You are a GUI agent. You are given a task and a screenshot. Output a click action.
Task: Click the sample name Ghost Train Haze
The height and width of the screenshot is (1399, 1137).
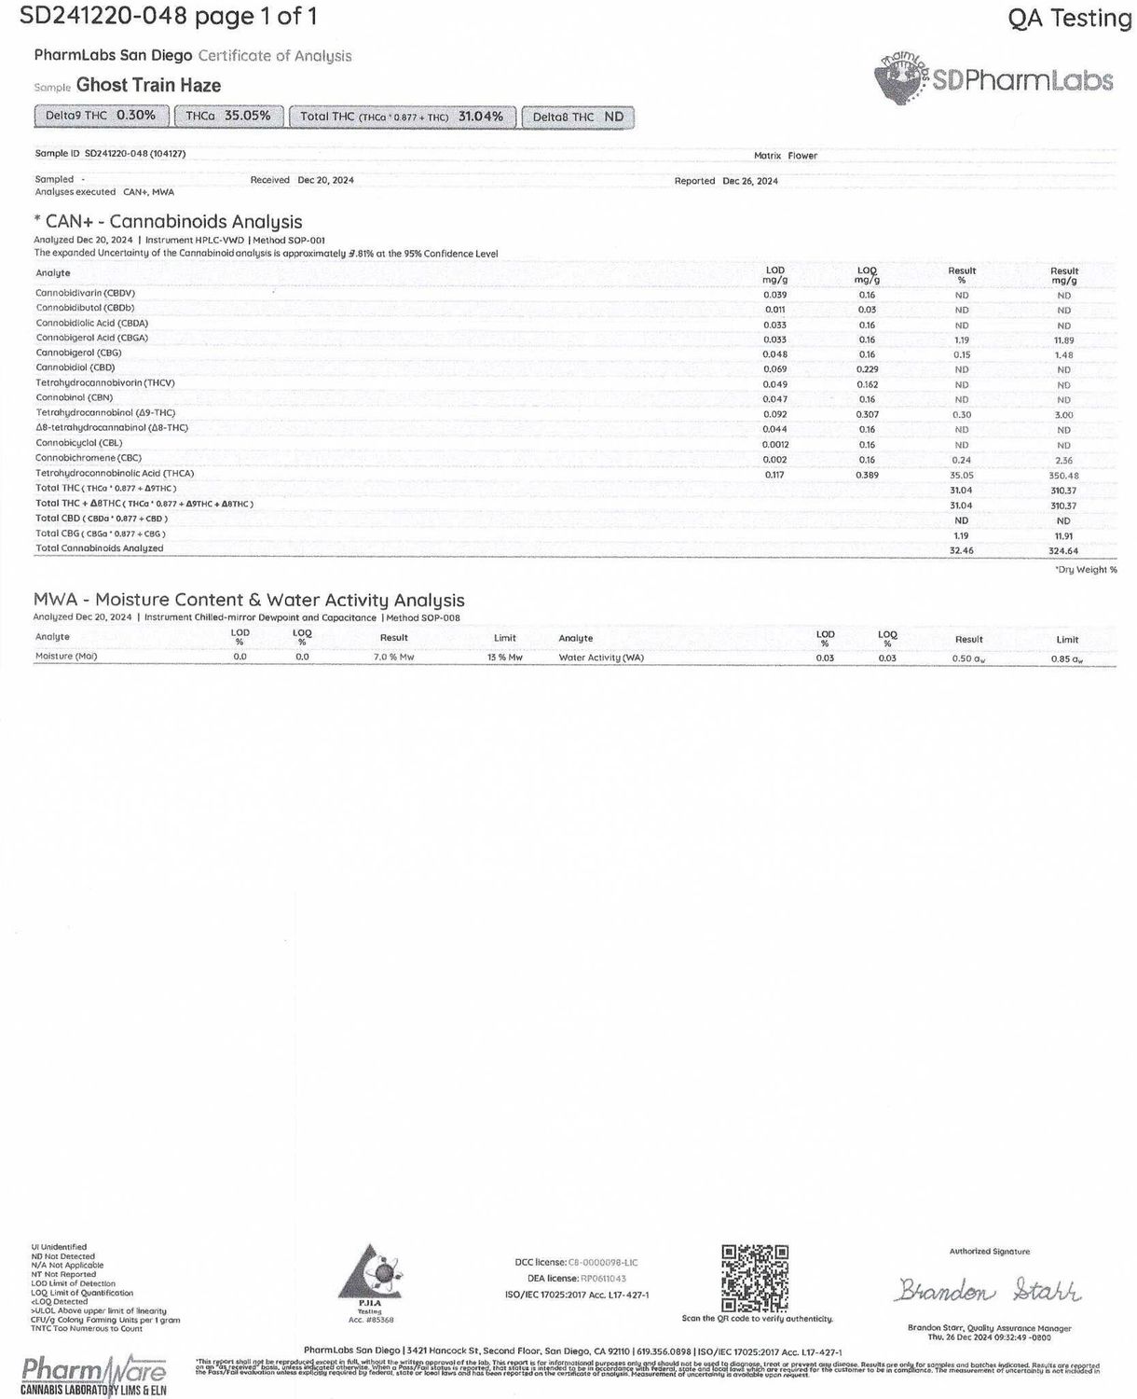148,86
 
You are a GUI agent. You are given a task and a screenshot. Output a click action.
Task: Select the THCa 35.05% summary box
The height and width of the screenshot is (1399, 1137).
228,117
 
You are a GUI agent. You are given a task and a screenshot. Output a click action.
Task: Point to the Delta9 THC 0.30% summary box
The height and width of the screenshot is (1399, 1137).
102,117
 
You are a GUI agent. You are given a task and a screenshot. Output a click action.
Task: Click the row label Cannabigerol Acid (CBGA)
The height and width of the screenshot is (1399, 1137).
91,338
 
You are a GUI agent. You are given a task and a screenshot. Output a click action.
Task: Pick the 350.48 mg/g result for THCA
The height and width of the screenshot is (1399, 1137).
1063,476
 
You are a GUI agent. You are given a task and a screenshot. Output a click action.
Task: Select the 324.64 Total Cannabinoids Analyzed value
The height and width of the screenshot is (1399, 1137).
1063,550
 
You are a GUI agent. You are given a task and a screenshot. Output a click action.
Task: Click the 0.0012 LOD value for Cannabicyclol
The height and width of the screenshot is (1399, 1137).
775,445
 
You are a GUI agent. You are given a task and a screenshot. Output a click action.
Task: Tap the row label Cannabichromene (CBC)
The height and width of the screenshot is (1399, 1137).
89,459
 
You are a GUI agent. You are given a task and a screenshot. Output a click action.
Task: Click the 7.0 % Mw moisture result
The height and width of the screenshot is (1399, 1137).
393,658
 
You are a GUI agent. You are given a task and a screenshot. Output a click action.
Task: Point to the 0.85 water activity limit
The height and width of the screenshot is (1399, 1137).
1067,659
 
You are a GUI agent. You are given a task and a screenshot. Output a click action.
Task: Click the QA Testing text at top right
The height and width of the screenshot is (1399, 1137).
1069,18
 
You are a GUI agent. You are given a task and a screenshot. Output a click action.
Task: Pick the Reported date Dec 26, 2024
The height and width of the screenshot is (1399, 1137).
749,181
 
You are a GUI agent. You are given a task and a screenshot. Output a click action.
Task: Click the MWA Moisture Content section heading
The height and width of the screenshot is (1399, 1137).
249,600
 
